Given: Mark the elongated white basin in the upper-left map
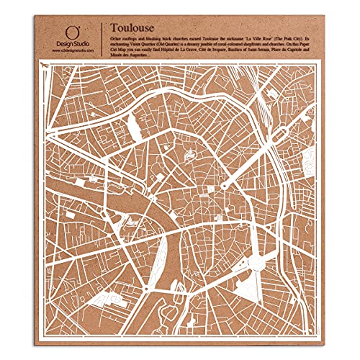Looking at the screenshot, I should (134, 130).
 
